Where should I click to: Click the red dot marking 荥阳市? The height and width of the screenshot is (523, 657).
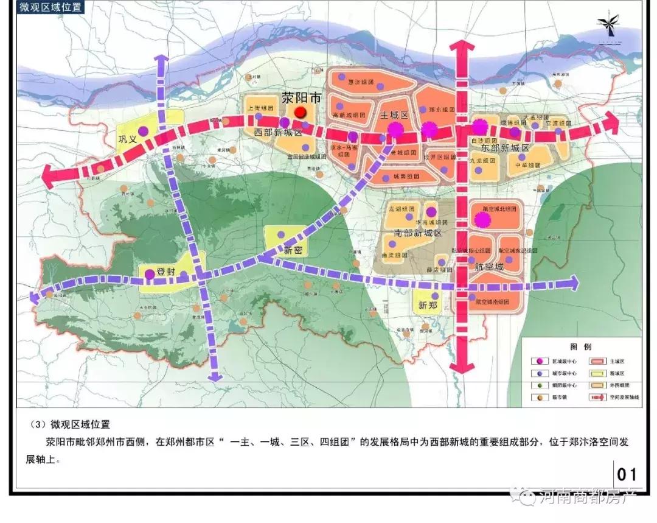pyautogui.click(x=300, y=112)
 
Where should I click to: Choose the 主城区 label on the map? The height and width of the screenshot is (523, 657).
pyautogui.click(x=394, y=115)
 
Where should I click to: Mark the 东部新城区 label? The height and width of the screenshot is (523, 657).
pyautogui.click(x=505, y=148)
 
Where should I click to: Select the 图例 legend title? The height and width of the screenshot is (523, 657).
pyautogui.click(x=581, y=346)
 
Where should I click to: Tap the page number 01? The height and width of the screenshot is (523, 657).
pyautogui.click(x=627, y=474)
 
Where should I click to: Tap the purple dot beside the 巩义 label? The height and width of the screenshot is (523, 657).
pyautogui.click(x=143, y=130)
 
